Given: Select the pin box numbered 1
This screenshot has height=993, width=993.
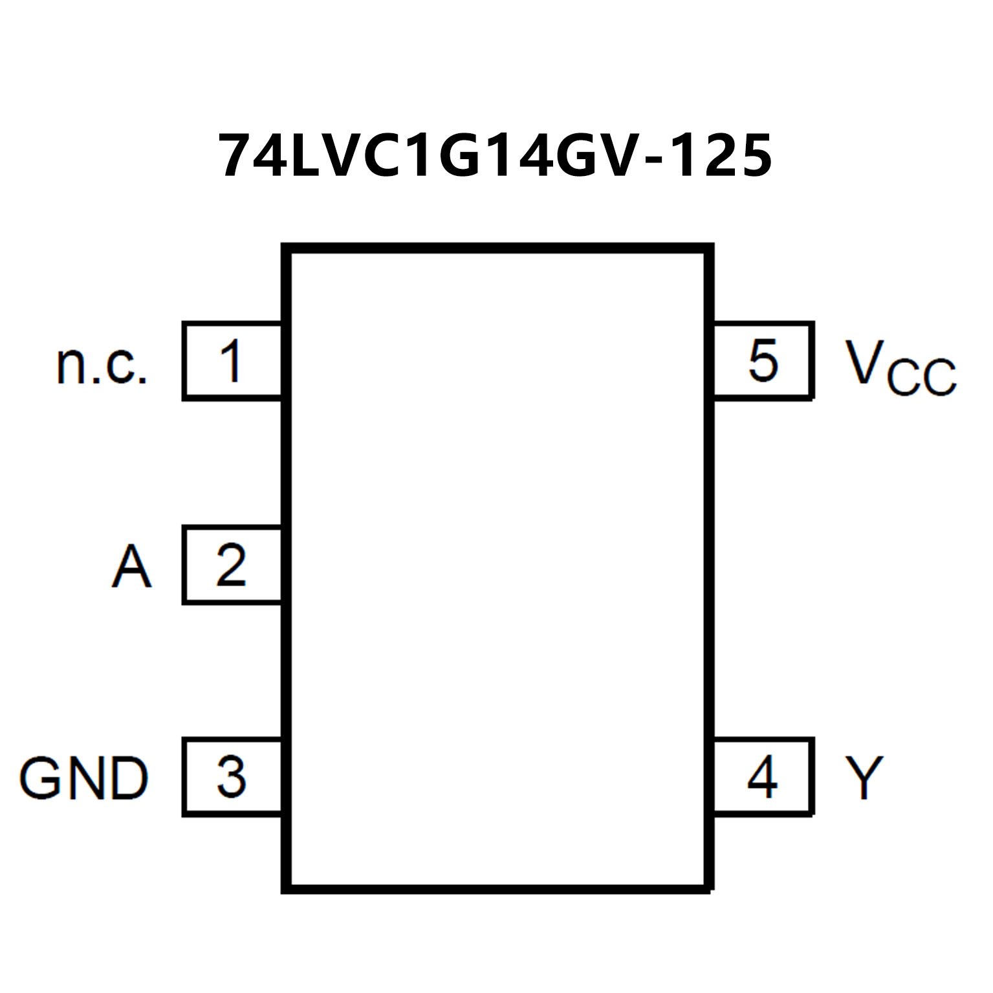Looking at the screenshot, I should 232,361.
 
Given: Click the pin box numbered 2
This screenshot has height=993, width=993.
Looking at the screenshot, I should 232,565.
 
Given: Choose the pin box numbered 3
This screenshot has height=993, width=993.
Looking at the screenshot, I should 232,776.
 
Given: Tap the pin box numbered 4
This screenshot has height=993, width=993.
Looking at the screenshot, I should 762,776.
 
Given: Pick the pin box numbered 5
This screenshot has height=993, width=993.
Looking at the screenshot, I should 762,360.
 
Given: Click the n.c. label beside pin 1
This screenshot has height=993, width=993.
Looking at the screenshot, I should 102,366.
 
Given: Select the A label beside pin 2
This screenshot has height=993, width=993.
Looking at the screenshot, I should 131,567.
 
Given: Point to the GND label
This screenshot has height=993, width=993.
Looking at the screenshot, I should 84,778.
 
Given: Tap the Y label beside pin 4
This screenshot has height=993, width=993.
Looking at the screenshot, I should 864,777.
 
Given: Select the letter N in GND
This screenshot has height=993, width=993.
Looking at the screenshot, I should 86,778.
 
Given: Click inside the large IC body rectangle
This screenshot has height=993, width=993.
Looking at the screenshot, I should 497,569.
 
